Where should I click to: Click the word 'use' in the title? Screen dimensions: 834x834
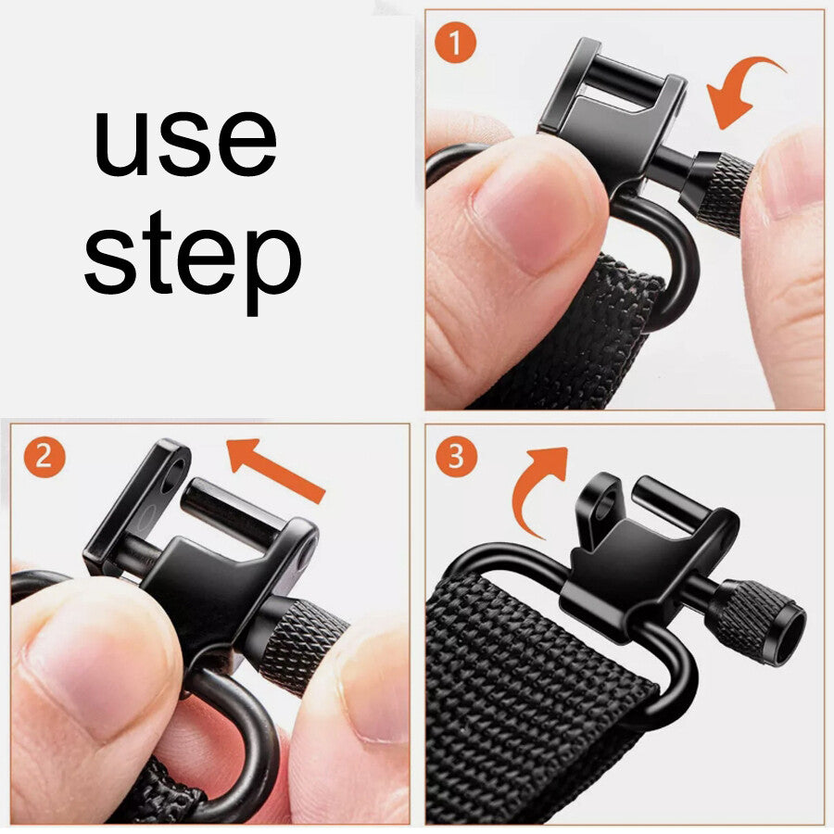185,143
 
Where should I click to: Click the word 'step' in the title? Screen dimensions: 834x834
193,261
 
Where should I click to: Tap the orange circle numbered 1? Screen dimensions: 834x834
455,44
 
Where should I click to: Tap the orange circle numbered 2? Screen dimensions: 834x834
44,456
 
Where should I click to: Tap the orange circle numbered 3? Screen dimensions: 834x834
456,456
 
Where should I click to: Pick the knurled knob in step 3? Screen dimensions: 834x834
755,621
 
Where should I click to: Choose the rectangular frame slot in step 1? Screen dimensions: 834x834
612,85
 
